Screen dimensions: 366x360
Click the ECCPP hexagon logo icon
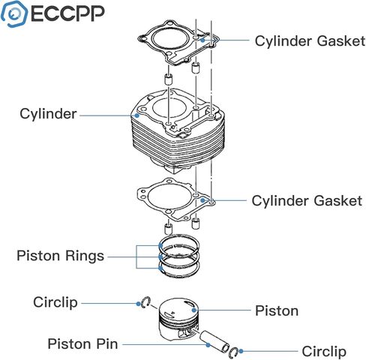(x=14, y=14)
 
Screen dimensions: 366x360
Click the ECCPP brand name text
(x=67, y=13)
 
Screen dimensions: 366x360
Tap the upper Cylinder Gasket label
(x=310, y=41)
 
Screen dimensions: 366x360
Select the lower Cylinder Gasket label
(x=307, y=201)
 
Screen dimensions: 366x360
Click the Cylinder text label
(x=48, y=114)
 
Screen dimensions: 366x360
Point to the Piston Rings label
(x=60, y=256)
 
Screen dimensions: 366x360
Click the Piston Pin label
(x=82, y=343)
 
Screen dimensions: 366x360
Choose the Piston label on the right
(x=277, y=311)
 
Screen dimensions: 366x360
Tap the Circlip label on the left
(x=55, y=302)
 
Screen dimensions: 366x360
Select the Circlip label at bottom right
(x=324, y=351)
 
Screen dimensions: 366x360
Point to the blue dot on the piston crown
(x=194, y=310)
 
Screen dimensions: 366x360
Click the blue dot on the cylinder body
(x=136, y=115)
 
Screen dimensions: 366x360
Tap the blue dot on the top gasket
(x=202, y=40)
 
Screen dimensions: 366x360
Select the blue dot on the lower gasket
(x=202, y=200)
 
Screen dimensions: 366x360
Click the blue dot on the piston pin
(x=208, y=345)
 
